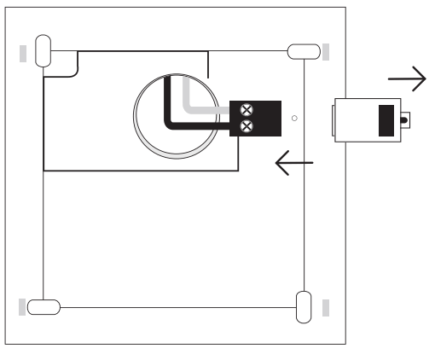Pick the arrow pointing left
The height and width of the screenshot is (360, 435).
[x=293, y=162]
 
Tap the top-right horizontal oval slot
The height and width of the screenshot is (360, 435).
[x=300, y=51]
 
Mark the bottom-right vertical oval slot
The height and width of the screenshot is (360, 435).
[x=303, y=305]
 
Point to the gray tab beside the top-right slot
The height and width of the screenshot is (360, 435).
[x=326, y=51]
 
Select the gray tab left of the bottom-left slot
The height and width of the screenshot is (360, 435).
[x=22, y=305]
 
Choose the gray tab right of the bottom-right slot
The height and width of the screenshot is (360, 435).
[x=326, y=305]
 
